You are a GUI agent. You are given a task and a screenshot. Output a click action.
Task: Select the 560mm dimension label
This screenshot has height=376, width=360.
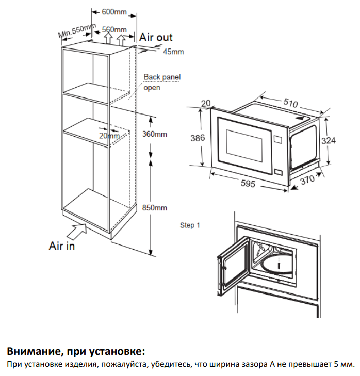[x=114, y=30]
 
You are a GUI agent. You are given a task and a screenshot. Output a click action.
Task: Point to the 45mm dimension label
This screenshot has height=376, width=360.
[x=173, y=52]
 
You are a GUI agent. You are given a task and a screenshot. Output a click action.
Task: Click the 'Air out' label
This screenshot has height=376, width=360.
[x=156, y=37]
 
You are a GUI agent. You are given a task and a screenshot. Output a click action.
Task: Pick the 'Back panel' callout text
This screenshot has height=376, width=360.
[x=162, y=77]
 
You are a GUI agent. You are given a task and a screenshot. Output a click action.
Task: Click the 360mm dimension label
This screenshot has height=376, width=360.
[x=154, y=134]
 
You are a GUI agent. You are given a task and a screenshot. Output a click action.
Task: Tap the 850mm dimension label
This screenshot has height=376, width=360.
[x=154, y=208]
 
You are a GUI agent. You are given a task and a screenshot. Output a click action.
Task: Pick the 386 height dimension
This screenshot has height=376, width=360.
[x=198, y=138]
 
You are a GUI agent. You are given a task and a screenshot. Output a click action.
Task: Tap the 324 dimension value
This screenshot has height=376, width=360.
[x=336, y=140]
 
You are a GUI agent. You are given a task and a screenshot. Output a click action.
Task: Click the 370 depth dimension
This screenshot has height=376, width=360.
[x=307, y=181]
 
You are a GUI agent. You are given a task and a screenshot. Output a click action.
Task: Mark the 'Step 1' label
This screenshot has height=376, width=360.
[x=189, y=225]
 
